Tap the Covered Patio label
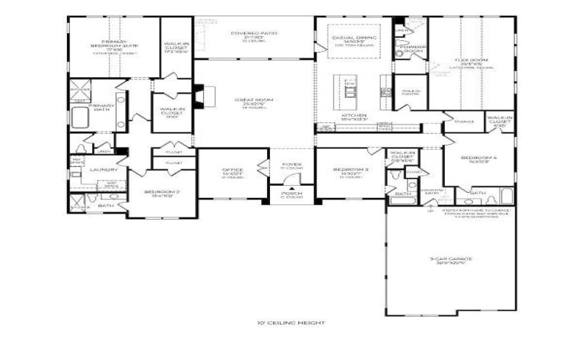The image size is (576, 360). click(253, 33)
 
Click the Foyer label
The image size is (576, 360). click(292, 165)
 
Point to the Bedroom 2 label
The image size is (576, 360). click(162, 192)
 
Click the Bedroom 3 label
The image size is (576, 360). click(351, 171)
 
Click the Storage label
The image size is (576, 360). click(464, 122)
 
